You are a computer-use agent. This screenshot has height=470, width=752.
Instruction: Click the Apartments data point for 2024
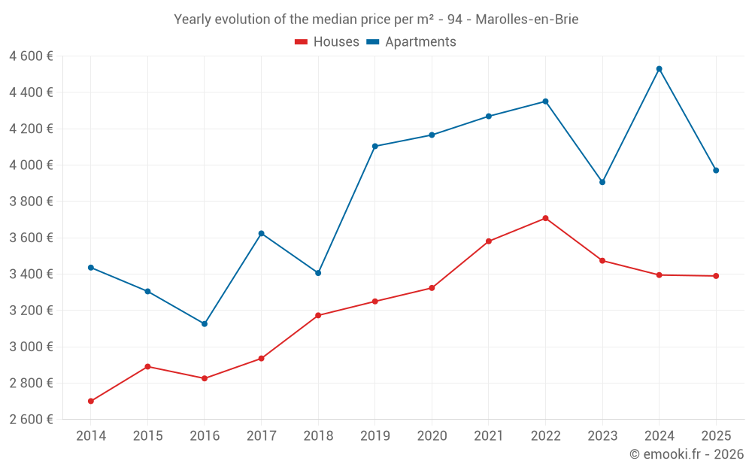pos(660,69)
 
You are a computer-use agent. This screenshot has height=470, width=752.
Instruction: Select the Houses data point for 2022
pos(545,218)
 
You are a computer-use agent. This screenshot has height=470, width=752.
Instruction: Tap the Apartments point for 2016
pos(205,324)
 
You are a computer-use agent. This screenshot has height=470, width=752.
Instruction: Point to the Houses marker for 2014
pos(91,401)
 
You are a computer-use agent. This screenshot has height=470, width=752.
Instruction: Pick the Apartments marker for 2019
pos(375,146)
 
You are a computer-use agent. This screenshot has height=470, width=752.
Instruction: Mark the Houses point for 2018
pos(318,315)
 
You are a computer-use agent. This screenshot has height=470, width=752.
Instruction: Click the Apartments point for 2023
pos(602,182)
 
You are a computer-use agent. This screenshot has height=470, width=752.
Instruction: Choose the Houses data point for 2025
pos(716,276)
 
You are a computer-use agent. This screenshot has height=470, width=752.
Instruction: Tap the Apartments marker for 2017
pos(261,233)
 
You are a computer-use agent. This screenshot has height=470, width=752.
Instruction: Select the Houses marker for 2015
pos(147,366)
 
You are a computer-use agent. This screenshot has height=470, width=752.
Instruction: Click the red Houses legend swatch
pos(302,42)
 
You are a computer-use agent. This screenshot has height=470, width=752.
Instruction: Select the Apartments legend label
pos(420,42)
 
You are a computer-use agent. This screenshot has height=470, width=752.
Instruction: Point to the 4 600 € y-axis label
pos(31,56)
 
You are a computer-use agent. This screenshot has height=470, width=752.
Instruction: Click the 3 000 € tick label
pos(31,347)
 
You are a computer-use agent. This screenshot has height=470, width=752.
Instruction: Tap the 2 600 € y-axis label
pos(31,420)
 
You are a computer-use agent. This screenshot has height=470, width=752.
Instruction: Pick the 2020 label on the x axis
pos(432,436)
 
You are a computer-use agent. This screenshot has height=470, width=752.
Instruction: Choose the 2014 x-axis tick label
pos(91,436)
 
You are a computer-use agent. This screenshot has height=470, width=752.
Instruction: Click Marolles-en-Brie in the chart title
pos(526,20)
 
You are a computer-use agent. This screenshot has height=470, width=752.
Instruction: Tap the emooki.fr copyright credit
pos(686,454)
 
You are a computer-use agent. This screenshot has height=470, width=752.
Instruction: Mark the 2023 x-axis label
pos(602,436)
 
